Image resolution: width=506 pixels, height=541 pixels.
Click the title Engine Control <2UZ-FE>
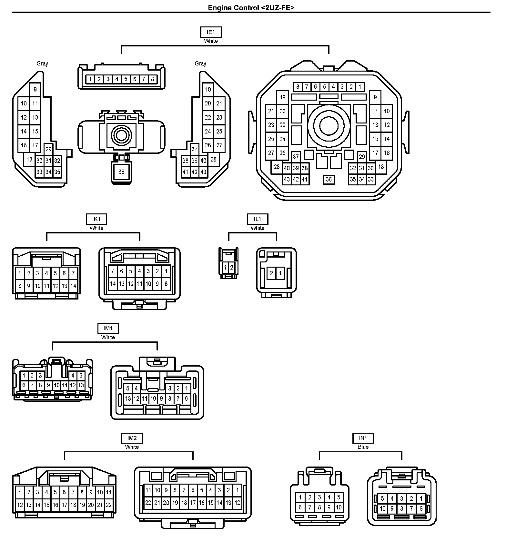[x=251, y=8]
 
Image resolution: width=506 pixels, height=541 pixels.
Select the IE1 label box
[x=211, y=32]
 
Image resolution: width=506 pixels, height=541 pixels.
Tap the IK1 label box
[x=96, y=219]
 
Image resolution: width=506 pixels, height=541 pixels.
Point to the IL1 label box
[x=258, y=219]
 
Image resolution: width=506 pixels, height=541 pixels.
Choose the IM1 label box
[x=108, y=329]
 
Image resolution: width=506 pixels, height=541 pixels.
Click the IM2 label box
[x=132, y=438]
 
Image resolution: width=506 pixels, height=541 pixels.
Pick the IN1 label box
[x=363, y=438]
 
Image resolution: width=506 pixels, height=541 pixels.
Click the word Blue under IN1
[x=363, y=447]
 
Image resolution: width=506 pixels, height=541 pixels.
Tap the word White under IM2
[x=132, y=447]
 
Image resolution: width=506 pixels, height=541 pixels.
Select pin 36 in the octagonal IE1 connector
[x=329, y=180]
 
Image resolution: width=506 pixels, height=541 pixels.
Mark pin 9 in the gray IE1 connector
[x=35, y=90]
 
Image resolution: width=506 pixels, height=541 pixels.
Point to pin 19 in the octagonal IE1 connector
[x=283, y=97]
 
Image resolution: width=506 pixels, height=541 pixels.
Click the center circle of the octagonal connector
[x=329, y=125]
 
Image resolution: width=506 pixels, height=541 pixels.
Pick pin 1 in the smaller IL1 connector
[x=225, y=267]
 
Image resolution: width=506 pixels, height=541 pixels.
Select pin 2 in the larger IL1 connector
[x=271, y=273]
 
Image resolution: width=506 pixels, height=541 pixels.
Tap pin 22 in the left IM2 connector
[x=109, y=505]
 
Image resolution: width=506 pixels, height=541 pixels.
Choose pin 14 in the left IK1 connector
[x=73, y=286]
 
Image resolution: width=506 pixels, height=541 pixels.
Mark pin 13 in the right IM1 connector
[x=128, y=398]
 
